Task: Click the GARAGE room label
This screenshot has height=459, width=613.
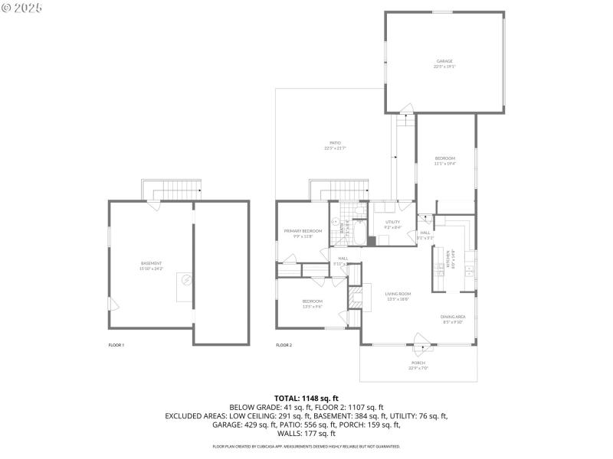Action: (x=444, y=61)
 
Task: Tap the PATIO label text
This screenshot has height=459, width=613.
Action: (x=335, y=142)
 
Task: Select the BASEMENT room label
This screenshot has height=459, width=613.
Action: (x=151, y=263)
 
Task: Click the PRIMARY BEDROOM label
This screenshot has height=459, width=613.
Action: (x=303, y=230)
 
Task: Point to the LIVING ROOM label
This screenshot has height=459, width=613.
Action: (x=398, y=294)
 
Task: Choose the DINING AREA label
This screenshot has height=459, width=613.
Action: (x=453, y=317)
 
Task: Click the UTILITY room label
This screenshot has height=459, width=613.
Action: (x=392, y=222)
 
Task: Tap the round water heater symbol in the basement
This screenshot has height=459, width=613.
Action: (x=185, y=281)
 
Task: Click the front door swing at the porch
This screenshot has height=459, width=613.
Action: (x=419, y=340)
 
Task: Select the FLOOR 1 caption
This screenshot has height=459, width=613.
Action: (x=116, y=346)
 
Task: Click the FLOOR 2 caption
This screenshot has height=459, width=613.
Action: (x=284, y=346)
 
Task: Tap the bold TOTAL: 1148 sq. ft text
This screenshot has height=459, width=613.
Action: (x=306, y=399)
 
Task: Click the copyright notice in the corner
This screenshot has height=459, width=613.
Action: (x=21, y=7)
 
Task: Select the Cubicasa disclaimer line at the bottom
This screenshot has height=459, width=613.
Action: (x=306, y=446)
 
